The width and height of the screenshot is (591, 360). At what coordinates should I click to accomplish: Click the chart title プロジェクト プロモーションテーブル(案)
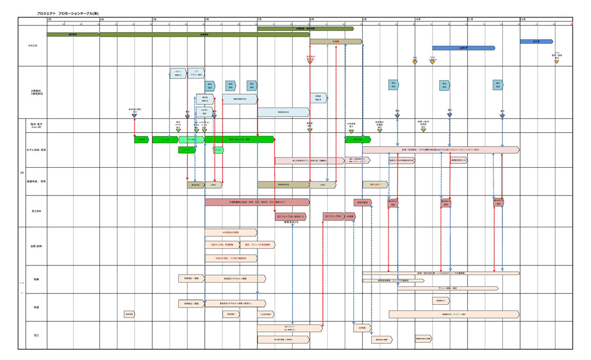[x=68, y=13]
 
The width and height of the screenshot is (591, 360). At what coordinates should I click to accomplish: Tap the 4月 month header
[x=102, y=19]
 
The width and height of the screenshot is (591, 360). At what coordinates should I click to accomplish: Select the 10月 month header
[x=417, y=19]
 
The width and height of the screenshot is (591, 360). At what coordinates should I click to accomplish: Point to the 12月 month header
[x=523, y=19]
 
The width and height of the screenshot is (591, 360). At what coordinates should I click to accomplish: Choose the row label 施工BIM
[x=35, y=211]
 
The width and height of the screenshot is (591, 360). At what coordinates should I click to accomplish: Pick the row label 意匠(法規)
[x=36, y=246]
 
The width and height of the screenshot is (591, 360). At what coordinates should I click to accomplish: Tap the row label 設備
[x=36, y=279]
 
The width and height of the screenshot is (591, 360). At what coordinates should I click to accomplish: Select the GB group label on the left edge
[x=22, y=173]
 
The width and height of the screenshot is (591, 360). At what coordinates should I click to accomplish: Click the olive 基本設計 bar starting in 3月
[x=73, y=34]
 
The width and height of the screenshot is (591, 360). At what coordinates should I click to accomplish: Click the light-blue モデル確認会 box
[x=178, y=73]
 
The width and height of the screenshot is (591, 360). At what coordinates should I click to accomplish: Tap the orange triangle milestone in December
[x=557, y=62]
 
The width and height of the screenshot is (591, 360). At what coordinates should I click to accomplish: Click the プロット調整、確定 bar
[x=448, y=289]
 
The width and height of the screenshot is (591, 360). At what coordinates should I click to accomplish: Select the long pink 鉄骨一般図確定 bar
[x=441, y=150]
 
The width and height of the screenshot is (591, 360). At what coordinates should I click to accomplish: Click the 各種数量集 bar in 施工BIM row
[x=257, y=202]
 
